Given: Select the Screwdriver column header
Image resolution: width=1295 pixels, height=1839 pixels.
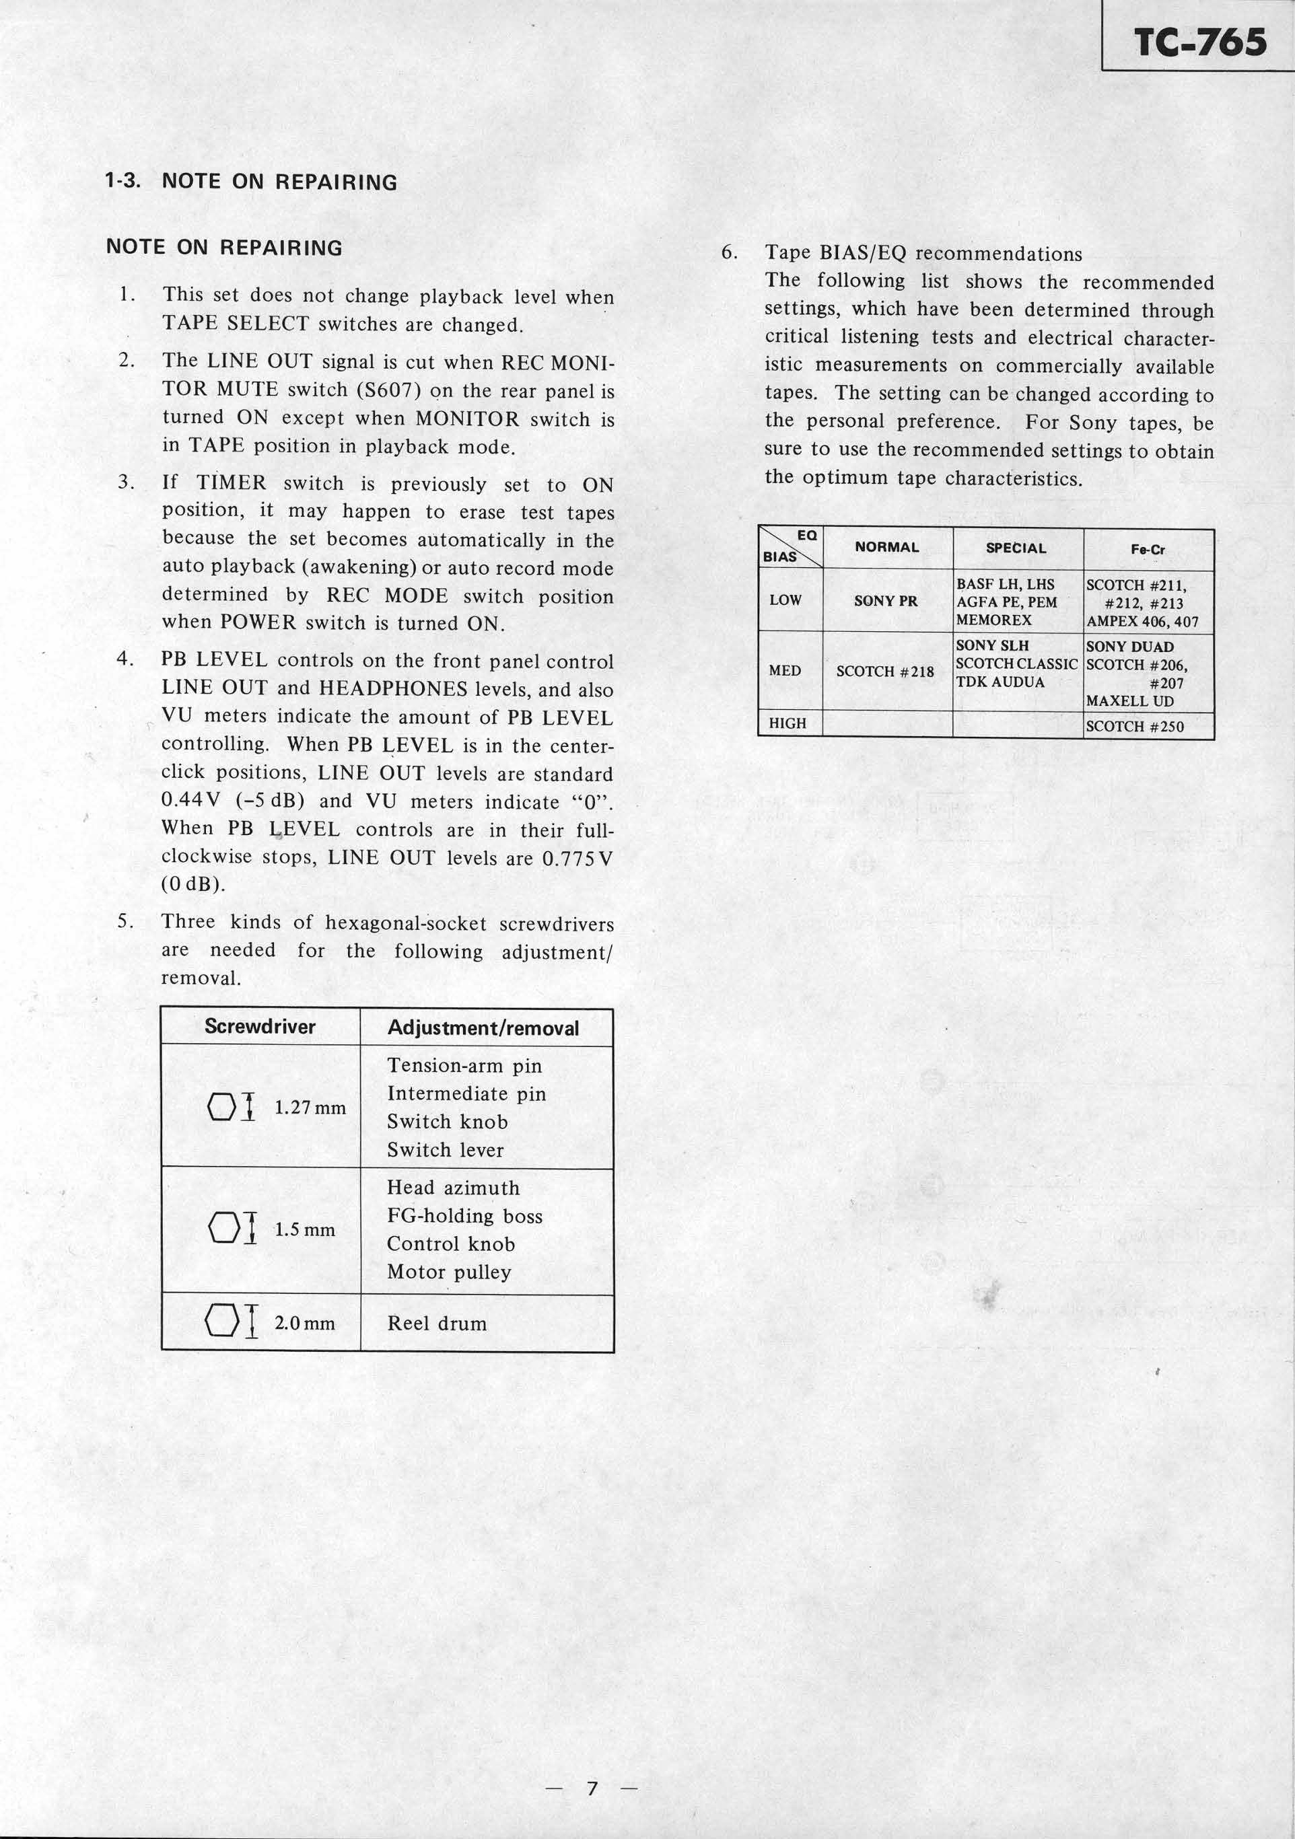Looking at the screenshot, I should pyautogui.click(x=260, y=1027).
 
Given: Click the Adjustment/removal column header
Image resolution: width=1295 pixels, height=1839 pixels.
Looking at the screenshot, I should pyautogui.click(x=483, y=1027).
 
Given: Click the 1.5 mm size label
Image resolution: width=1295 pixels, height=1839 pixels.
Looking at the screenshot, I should pyautogui.click(x=304, y=1229).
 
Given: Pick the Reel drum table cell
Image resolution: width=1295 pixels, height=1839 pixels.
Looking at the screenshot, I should pyautogui.click(x=437, y=1323).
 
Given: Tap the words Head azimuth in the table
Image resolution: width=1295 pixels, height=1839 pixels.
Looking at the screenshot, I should pyautogui.click(x=453, y=1188).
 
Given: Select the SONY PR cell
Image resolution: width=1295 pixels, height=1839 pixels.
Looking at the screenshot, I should pyautogui.click(x=886, y=601).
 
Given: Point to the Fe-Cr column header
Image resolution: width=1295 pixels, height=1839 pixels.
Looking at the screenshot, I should pyautogui.click(x=1148, y=550).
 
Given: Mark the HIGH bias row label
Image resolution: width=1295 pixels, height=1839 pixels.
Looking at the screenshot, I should pyautogui.click(x=787, y=723).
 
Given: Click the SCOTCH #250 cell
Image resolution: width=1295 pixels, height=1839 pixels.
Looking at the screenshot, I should pyautogui.click(x=1134, y=727).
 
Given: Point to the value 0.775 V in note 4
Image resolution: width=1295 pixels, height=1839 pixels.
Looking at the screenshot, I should pyautogui.click(x=577, y=858).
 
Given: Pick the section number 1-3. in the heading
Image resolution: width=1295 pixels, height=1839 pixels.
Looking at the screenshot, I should pyautogui.click(x=123, y=181).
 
